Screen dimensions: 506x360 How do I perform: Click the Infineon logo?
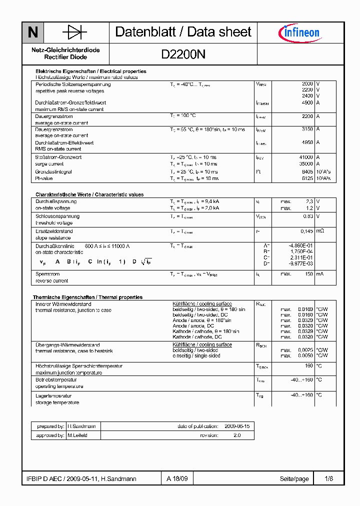pos(299,33)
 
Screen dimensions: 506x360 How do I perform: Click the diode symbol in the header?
pos(74,32)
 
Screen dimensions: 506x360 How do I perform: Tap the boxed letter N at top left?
pos(32,32)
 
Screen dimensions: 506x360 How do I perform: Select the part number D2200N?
pos(183,54)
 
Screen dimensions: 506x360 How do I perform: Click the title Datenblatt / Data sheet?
pos(183,32)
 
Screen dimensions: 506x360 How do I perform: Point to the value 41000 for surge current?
pos(305,157)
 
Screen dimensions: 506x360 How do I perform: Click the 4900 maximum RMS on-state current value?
pos(307,103)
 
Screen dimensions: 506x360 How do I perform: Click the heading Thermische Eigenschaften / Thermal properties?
pos(87,297)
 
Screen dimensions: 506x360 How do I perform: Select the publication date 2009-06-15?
pos(237,426)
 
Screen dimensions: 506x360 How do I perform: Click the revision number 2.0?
pos(237,435)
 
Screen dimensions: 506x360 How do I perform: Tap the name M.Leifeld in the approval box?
pos(77,435)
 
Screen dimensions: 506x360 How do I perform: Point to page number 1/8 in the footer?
pos(328,478)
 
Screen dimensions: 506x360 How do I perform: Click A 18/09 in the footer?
pos(177,478)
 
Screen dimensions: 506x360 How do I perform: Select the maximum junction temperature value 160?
pos(308,366)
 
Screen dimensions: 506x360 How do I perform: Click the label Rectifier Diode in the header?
pos(65,57)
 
